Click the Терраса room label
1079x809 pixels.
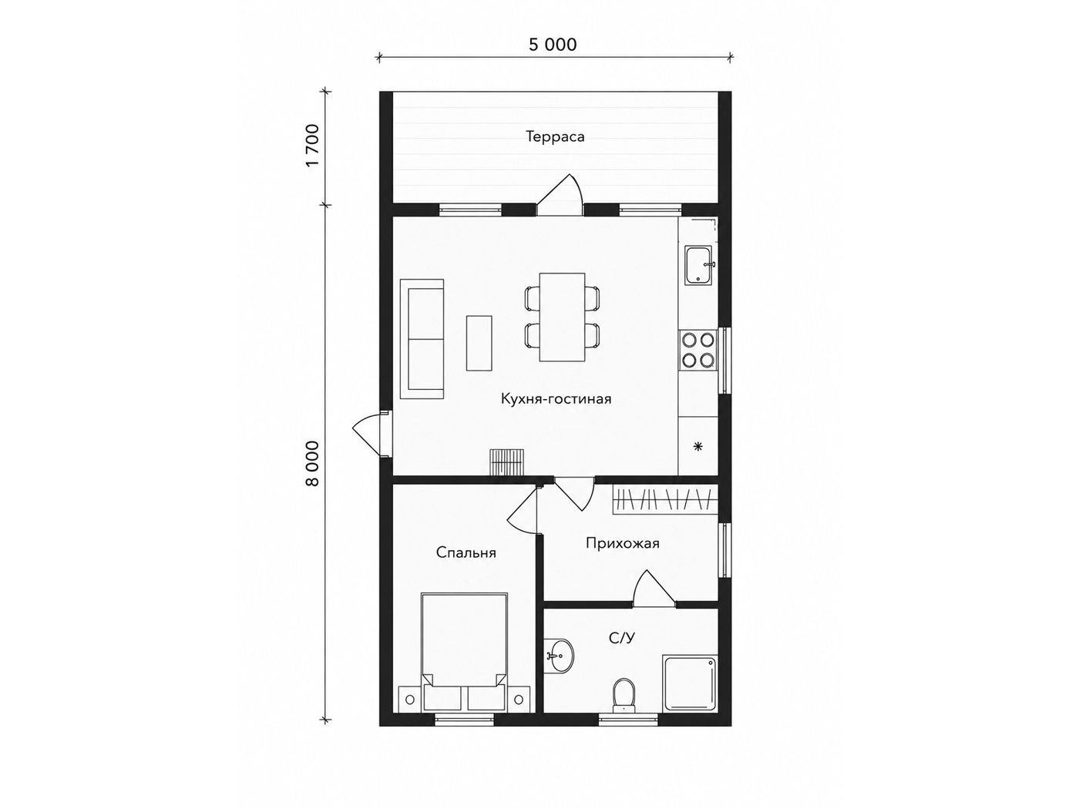pyautogui.click(x=555, y=136)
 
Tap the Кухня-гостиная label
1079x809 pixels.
pyautogui.click(x=556, y=398)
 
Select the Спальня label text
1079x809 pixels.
pyautogui.click(x=466, y=552)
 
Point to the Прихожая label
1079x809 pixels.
pyautogui.click(x=622, y=543)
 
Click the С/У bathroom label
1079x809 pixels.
pyautogui.click(x=622, y=638)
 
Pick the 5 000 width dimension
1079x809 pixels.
pyautogui.click(x=553, y=45)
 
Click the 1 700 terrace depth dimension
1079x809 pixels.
pyautogui.click(x=313, y=146)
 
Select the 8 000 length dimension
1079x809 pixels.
pyautogui.click(x=313, y=463)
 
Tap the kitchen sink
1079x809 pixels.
pyautogui.click(x=700, y=265)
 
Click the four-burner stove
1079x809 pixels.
pyautogui.click(x=698, y=350)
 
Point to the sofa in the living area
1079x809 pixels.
pyautogui.click(x=422, y=339)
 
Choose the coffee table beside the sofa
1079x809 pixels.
pyautogui.click(x=479, y=343)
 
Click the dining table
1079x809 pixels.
pyautogui.click(x=562, y=317)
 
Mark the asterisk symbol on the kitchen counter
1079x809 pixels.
pyautogui.click(x=697, y=447)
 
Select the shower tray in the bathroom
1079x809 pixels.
pyautogui.click(x=690, y=683)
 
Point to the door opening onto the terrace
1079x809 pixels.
pyautogui.click(x=560, y=196)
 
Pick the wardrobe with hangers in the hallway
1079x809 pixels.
pyautogui.click(x=665, y=500)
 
